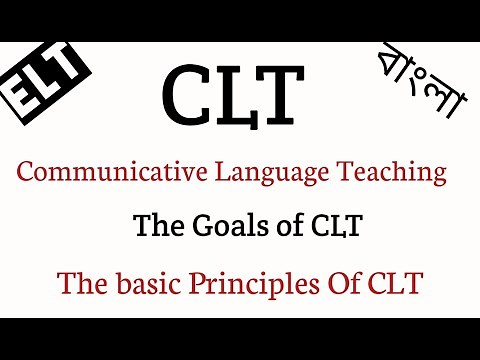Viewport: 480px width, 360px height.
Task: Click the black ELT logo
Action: click(x=46, y=81)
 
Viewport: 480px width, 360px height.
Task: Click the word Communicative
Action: click(x=94, y=172)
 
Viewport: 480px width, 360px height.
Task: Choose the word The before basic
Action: click(x=81, y=284)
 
